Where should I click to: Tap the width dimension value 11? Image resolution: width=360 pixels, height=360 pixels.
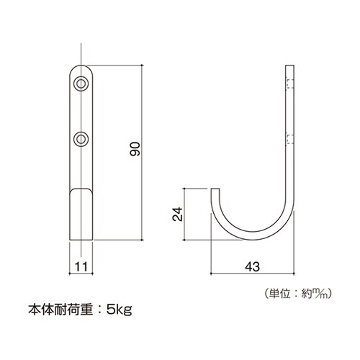[81, 266]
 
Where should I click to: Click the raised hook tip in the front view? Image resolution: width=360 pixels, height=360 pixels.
[81, 194]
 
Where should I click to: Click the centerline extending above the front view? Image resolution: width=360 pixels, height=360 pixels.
[81, 54]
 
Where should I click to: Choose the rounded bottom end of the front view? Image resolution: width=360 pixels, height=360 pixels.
[81, 239]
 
